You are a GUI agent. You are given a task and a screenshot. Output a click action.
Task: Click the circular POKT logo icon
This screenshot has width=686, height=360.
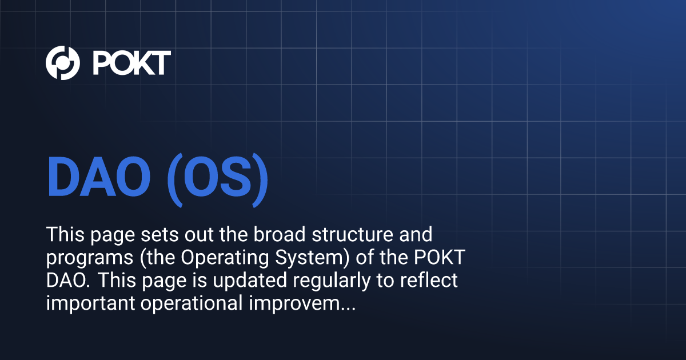(x=63, y=63)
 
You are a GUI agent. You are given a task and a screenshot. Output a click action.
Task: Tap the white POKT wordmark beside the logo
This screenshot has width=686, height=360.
(x=131, y=63)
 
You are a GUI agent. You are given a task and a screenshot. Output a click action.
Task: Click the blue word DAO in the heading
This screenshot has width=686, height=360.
(x=98, y=177)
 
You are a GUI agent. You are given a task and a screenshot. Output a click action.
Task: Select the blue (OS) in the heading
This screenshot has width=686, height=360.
(x=217, y=180)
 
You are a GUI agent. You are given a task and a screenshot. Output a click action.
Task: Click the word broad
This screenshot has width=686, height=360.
(x=280, y=234)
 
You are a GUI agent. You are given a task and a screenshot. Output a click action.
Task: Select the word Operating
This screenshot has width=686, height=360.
(x=225, y=258)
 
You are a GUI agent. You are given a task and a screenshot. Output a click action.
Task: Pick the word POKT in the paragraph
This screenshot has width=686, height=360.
(x=440, y=258)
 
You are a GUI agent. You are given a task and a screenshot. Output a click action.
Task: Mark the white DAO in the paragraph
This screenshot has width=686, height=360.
(x=68, y=281)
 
